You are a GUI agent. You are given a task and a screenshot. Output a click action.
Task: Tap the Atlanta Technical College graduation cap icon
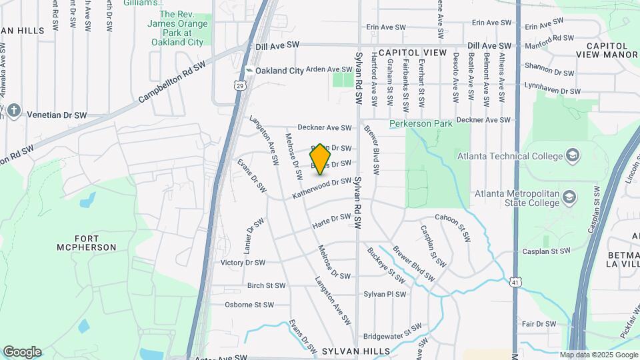pyautogui.click(x=572, y=156)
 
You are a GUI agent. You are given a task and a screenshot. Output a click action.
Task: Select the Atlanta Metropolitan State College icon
pyautogui.click(x=569, y=197)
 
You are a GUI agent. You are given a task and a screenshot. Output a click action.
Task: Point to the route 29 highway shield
pyautogui.click(x=239, y=85)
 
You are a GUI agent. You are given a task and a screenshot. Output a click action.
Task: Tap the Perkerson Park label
pyautogui.click(x=421, y=123)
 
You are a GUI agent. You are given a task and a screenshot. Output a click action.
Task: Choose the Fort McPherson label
pyautogui.click(x=95, y=243)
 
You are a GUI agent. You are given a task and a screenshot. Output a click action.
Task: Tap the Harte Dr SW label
pyautogui.click(x=332, y=221)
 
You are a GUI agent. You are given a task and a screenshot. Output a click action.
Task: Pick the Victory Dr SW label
pyautogui.click(x=243, y=263)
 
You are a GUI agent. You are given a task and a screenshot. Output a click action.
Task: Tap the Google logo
pyautogui.click(x=22, y=352)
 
